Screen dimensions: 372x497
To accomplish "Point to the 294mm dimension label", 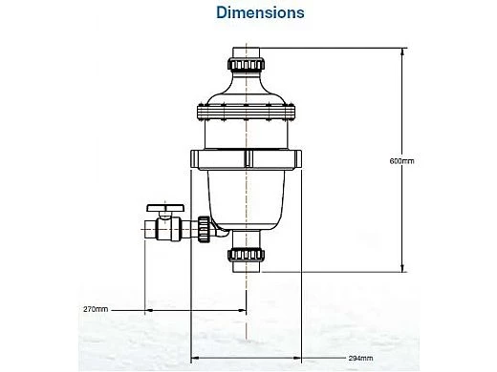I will tap(359, 359).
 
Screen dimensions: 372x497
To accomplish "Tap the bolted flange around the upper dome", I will tap(246, 114).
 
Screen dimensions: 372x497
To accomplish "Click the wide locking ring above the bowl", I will tap(246, 157).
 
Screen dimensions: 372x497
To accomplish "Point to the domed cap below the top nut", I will tap(246, 91).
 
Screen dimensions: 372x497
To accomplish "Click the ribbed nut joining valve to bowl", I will tap(203, 229).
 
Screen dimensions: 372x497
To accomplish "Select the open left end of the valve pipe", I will tap(144, 229).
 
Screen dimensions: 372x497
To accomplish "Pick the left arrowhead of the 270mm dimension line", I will tap(147, 311).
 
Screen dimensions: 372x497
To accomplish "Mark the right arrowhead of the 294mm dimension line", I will tap(302, 359).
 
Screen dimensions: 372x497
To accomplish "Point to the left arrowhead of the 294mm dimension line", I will tap(194, 359).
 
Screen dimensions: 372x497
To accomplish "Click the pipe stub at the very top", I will tap(246, 50).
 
